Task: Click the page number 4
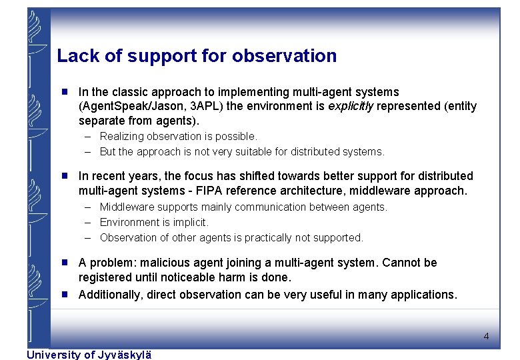point(486,337)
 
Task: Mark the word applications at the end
point(425,295)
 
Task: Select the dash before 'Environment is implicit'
point(88,222)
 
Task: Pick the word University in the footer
point(51,355)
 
